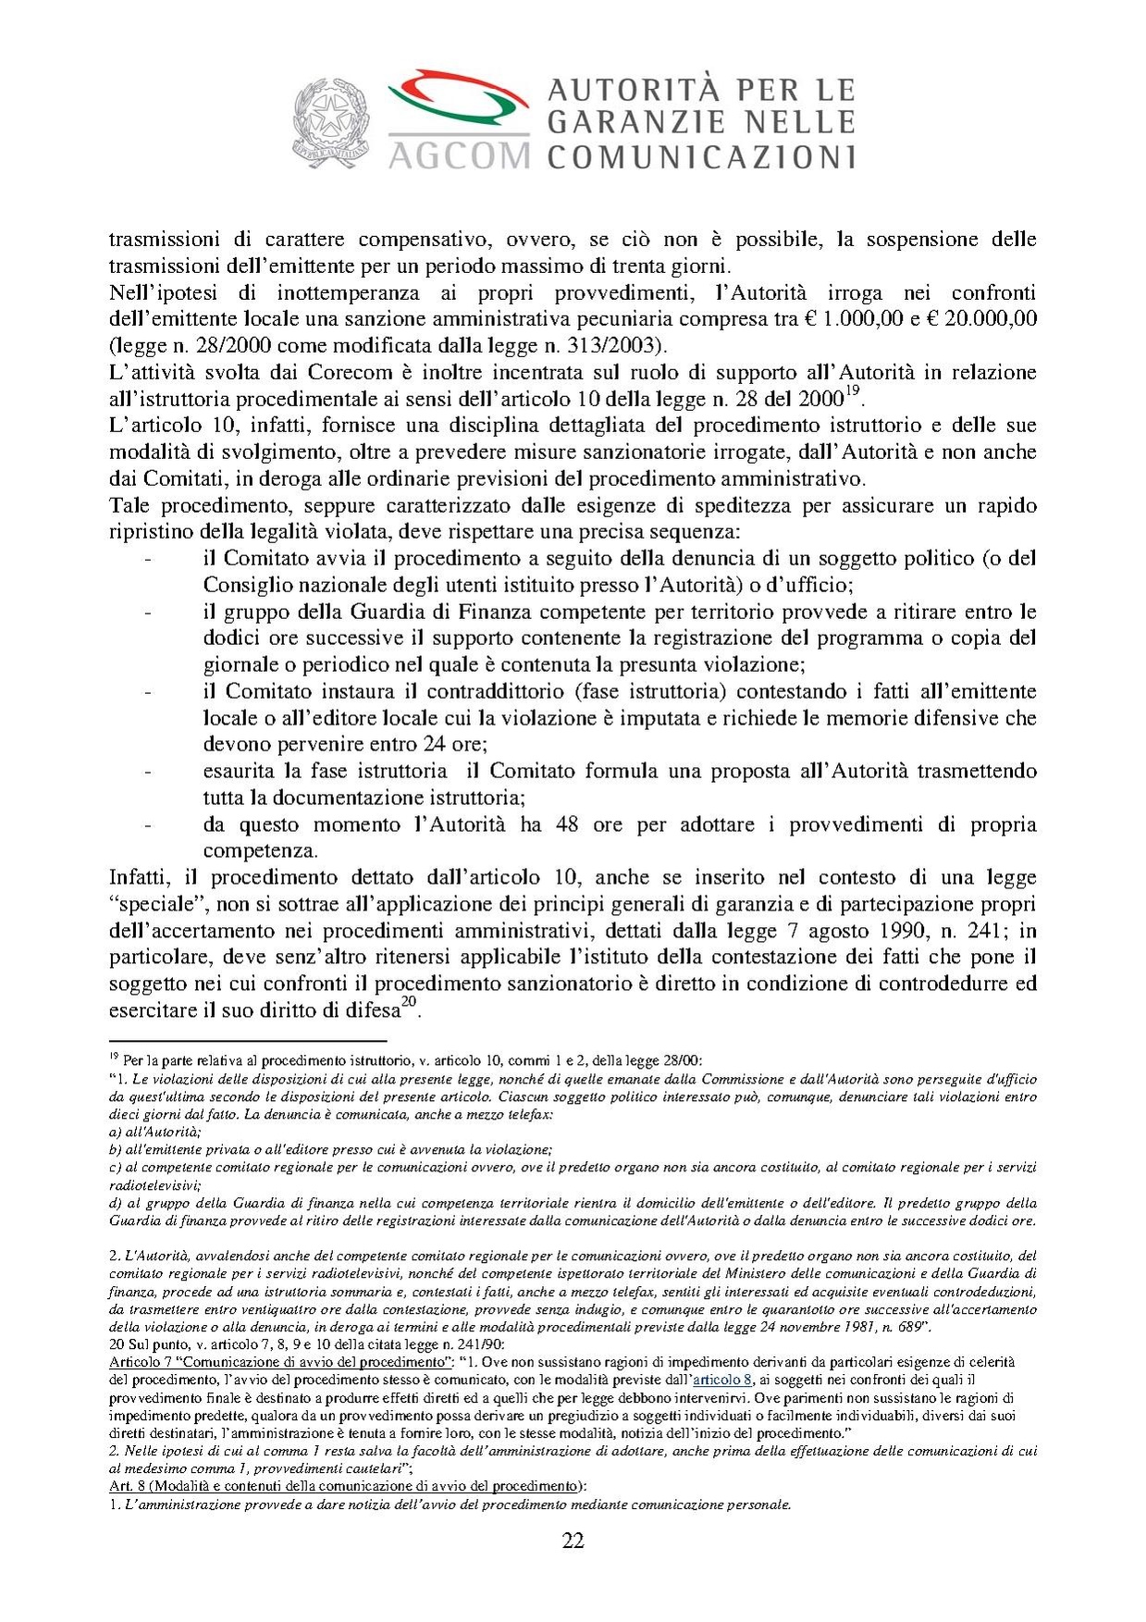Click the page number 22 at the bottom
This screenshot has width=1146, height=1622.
click(x=573, y=1541)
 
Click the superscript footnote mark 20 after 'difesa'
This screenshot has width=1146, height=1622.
click(x=409, y=1003)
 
